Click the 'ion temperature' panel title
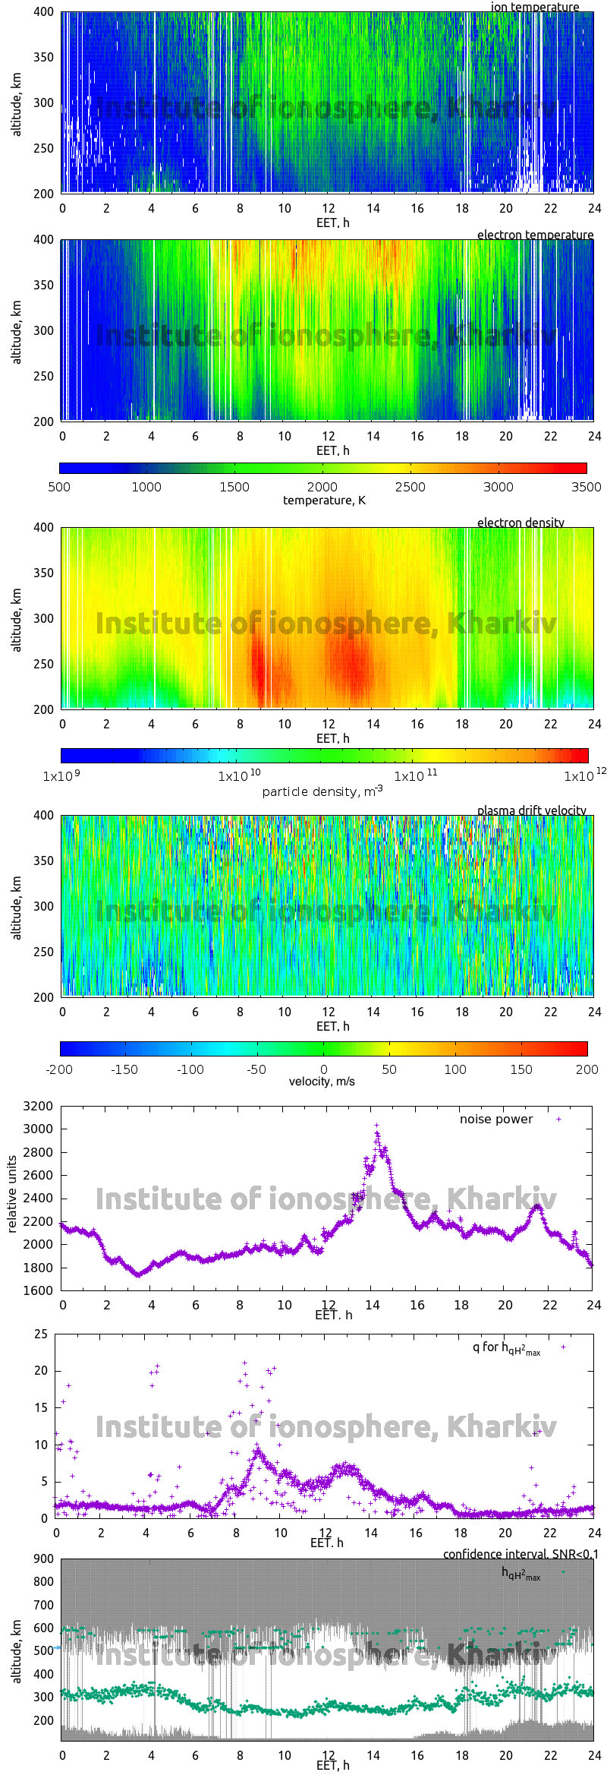pos(535,7)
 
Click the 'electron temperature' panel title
pos(535,235)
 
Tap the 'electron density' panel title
pos(521,523)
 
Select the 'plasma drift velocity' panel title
pos(531,810)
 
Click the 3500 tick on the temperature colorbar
pos(586,487)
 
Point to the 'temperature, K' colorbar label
pos(324,500)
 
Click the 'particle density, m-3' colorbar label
pos(322,791)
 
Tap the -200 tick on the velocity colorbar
pos(59,1069)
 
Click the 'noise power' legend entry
pos(496,1119)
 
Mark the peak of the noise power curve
pos(376,1126)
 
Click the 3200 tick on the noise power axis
pos(38,1106)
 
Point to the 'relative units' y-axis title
pos(12,1194)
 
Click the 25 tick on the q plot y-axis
pos(41,1334)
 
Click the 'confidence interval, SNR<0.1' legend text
pos(521,1554)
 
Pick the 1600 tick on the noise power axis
pos(38,1290)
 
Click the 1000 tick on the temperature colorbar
pos(146,487)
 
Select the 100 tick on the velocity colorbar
pos(455,1069)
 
